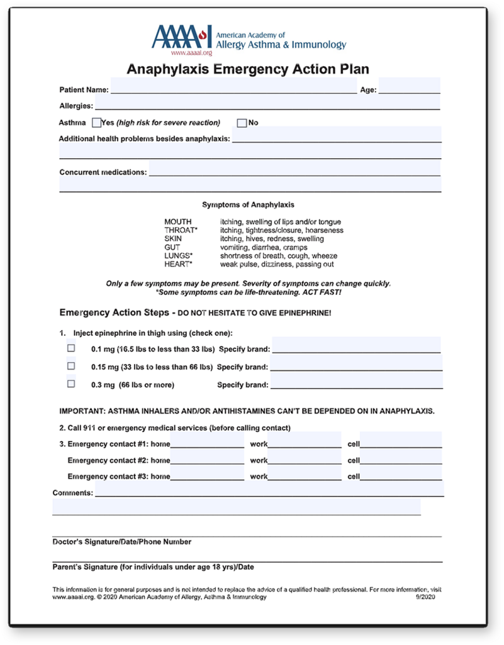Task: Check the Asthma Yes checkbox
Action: point(96,123)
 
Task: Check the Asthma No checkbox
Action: point(242,123)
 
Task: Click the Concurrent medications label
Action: point(103,172)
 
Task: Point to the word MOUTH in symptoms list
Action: point(178,222)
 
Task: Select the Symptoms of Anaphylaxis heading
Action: point(248,205)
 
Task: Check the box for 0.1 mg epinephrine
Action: point(71,348)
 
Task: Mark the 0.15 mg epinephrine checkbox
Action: point(71,366)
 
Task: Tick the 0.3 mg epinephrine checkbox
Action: point(71,384)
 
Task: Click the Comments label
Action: point(73,493)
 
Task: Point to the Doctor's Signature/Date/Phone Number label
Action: point(122,542)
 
